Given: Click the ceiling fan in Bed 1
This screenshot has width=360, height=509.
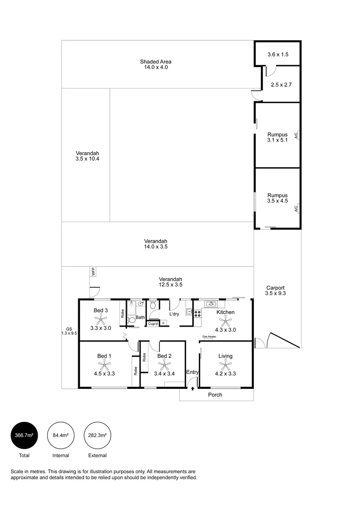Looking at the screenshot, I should (103, 364).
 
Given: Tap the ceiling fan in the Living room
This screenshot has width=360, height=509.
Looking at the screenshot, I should (226, 364).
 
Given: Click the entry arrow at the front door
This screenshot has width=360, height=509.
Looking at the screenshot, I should (192, 388).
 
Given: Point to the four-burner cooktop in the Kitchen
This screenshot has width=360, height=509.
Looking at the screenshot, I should (197, 312).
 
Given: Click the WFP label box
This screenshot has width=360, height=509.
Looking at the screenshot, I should (93, 271).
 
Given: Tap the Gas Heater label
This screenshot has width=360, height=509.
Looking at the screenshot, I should (210, 337).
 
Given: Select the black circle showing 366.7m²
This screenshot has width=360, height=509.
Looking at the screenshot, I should (24, 435).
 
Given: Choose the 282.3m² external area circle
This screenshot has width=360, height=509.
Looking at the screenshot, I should (97, 435).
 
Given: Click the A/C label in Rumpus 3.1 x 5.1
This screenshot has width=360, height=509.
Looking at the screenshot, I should (296, 135).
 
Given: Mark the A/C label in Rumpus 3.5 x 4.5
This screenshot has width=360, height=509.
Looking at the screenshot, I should (296, 208).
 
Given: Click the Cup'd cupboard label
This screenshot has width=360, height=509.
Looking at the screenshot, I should (153, 324).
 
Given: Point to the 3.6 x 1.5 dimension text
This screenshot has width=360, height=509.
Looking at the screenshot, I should (278, 55).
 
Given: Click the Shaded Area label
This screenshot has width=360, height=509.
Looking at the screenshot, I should (155, 61).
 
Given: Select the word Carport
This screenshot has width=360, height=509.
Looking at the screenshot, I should (275, 287).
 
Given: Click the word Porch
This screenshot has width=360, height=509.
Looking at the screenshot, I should (215, 395).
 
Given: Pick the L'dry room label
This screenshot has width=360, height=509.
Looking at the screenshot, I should (174, 314).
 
